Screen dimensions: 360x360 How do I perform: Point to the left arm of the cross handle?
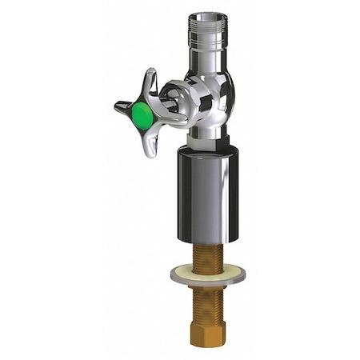point(123,106)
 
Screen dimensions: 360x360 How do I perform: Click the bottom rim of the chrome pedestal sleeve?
point(206,240)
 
